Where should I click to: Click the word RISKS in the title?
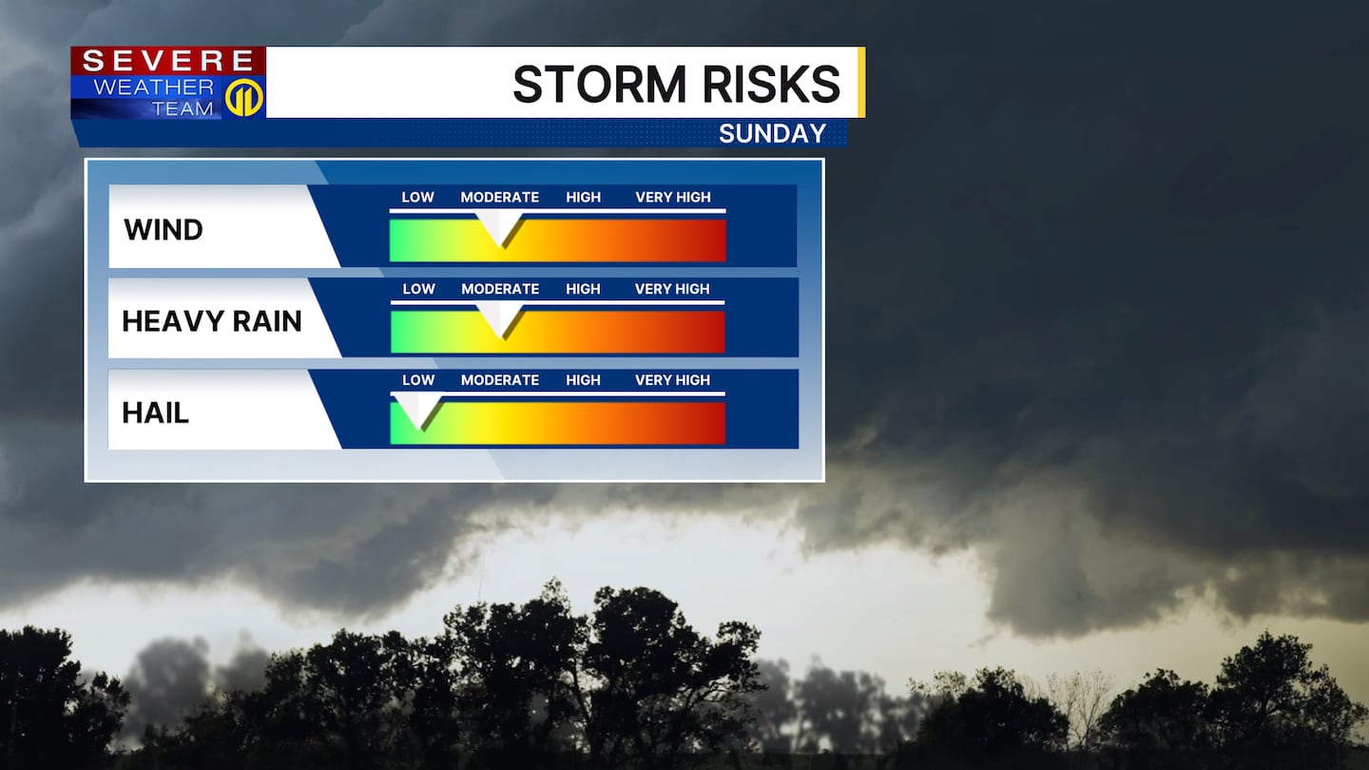(x=772, y=85)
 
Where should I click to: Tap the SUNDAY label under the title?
(x=773, y=134)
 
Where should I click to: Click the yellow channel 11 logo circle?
(x=243, y=98)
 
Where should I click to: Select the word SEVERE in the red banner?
(x=168, y=61)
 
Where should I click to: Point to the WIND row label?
(x=164, y=230)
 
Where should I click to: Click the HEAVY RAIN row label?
(x=211, y=321)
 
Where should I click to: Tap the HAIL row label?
(x=155, y=414)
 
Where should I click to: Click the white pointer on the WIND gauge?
(x=500, y=228)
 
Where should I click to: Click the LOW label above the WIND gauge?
(x=418, y=198)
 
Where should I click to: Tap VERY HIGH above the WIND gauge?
(x=673, y=198)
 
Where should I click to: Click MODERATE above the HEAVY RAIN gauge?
(x=500, y=289)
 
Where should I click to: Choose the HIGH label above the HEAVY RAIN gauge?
(x=583, y=289)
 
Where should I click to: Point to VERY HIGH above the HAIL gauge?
(x=672, y=380)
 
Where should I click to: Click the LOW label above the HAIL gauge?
(x=418, y=380)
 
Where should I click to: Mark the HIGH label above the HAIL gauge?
(x=583, y=380)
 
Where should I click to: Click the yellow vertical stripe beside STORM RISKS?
(x=861, y=83)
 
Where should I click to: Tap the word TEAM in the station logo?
(x=183, y=108)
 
